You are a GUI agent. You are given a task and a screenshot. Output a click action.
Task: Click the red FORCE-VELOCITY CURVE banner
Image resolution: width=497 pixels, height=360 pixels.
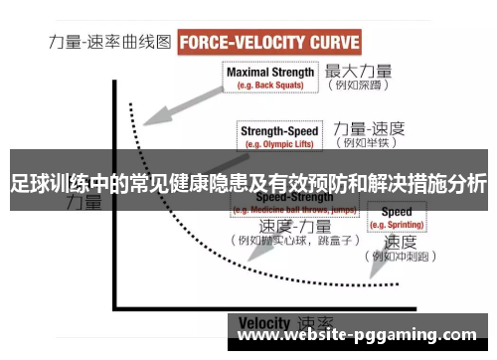pos(269,44)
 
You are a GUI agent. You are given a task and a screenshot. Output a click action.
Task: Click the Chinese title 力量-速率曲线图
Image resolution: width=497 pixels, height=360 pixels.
pos(110,44)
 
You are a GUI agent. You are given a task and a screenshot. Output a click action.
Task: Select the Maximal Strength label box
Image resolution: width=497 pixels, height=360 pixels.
pos(270,78)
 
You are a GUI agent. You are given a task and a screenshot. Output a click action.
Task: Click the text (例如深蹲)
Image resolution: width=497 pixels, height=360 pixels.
pos(357,88)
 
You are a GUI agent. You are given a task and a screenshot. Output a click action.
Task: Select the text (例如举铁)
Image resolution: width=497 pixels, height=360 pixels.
pos(366,144)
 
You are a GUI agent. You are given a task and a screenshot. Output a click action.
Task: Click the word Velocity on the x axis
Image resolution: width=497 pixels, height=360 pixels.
pos(263,323)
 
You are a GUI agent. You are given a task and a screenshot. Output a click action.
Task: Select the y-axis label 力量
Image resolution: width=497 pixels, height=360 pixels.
pos(83,204)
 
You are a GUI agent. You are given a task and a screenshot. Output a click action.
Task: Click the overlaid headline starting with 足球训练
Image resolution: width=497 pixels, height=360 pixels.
pos(248,183)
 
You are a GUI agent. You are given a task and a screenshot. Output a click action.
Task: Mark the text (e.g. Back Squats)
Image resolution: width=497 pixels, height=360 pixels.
pos(270,86)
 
